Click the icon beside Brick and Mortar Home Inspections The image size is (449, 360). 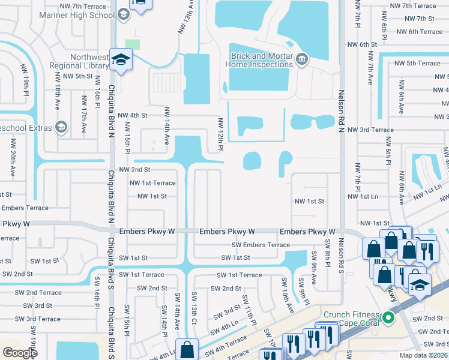[x=301, y=58]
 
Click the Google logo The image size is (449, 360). [x=20, y=352]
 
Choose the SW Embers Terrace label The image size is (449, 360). [x=261, y=245]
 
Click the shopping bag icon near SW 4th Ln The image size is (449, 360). [x=187, y=348]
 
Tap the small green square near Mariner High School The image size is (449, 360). [x=132, y=44]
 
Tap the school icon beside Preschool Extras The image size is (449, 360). [x=61, y=127]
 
